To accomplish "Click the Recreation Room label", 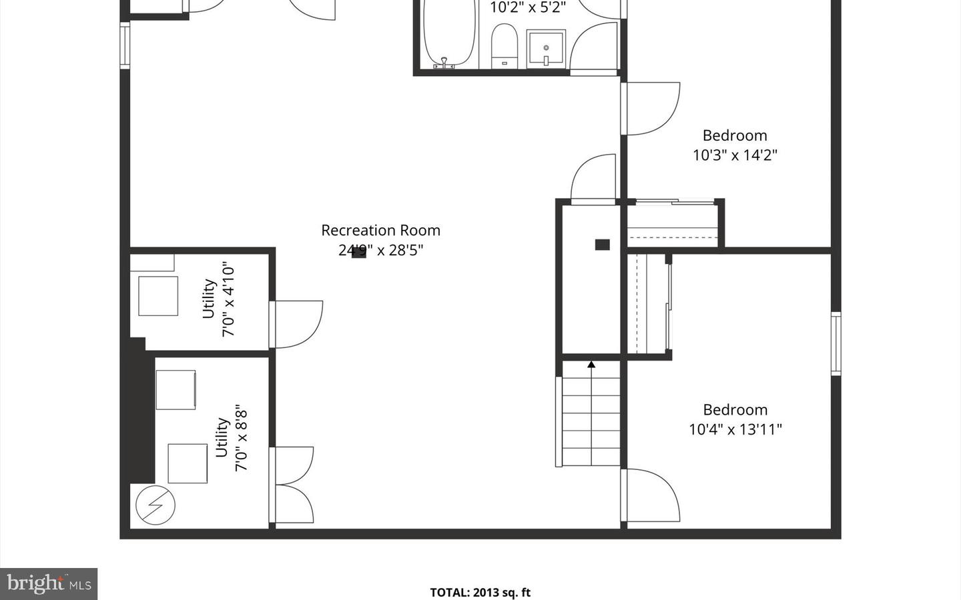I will pyautogui.click(x=380, y=230).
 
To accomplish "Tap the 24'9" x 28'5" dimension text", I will pyautogui.click(x=380, y=250).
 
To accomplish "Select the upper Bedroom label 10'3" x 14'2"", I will pyautogui.click(x=735, y=145).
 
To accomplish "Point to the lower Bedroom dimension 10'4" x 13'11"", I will pyautogui.click(x=735, y=429).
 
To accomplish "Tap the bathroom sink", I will pyautogui.click(x=546, y=48).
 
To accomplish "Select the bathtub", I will pyautogui.click(x=449, y=33).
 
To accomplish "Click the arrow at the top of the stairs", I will pyautogui.click(x=591, y=365).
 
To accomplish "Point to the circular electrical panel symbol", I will pyautogui.click(x=155, y=505).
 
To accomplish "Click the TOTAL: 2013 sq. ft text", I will pyautogui.click(x=480, y=592).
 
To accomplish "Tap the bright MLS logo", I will pyautogui.click(x=49, y=584).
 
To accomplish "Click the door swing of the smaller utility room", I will pyautogui.click(x=297, y=325).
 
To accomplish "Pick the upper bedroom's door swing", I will pyautogui.click(x=651, y=108).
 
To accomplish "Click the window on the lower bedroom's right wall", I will pyautogui.click(x=836, y=343).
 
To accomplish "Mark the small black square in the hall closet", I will pyautogui.click(x=602, y=245).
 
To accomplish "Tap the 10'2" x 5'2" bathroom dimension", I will pyautogui.click(x=527, y=8).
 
